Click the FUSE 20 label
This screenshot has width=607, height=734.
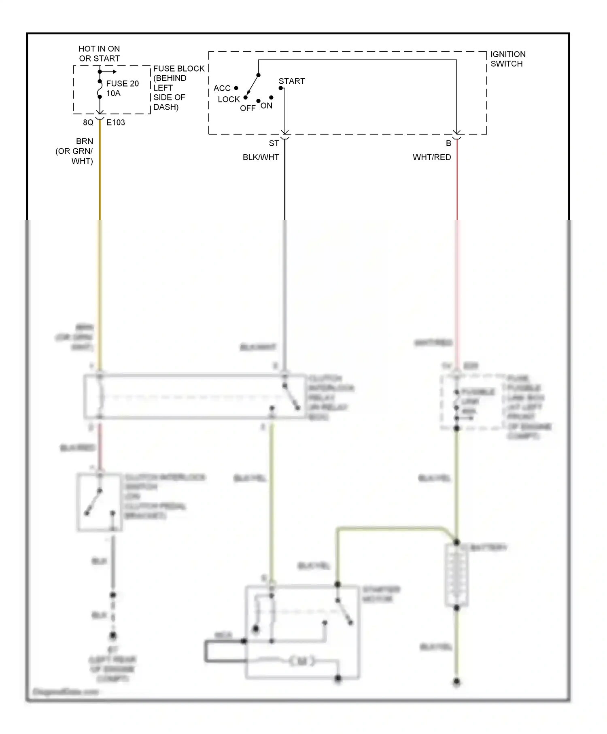pyautogui.click(x=122, y=84)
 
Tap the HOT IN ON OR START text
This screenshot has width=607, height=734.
pyautogui.click(x=99, y=53)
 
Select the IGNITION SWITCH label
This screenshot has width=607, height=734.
pyautogui.click(x=508, y=59)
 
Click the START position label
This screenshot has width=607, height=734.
pyautogui.click(x=291, y=81)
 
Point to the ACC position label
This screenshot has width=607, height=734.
pyautogui.click(x=222, y=88)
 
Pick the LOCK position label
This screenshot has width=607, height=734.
pyautogui.click(x=229, y=100)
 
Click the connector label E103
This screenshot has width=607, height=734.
pyautogui.click(x=116, y=123)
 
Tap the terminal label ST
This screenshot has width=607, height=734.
pyautogui.click(x=274, y=144)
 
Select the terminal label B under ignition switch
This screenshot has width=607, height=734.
pyautogui.click(x=448, y=144)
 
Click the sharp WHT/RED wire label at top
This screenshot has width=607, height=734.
pyautogui.click(x=432, y=157)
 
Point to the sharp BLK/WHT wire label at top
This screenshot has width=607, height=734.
pyautogui.click(x=261, y=157)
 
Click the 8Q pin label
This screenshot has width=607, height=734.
pyautogui.click(x=88, y=123)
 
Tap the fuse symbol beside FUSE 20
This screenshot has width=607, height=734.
pyautogui.click(x=100, y=89)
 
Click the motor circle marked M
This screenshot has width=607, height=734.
pyautogui.click(x=302, y=662)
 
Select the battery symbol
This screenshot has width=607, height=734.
pyautogui.click(x=456, y=575)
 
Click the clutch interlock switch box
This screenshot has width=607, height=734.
pyautogui.click(x=99, y=502)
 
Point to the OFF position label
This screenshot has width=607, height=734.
pyautogui.click(x=248, y=108)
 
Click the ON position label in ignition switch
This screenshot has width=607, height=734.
pyautogui.click(x=266, y=106)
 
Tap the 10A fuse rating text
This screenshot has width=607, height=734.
pyautogui.click(x=113, y=93)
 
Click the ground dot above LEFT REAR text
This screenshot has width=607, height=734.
pyautogui.click(x=113, y=636)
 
